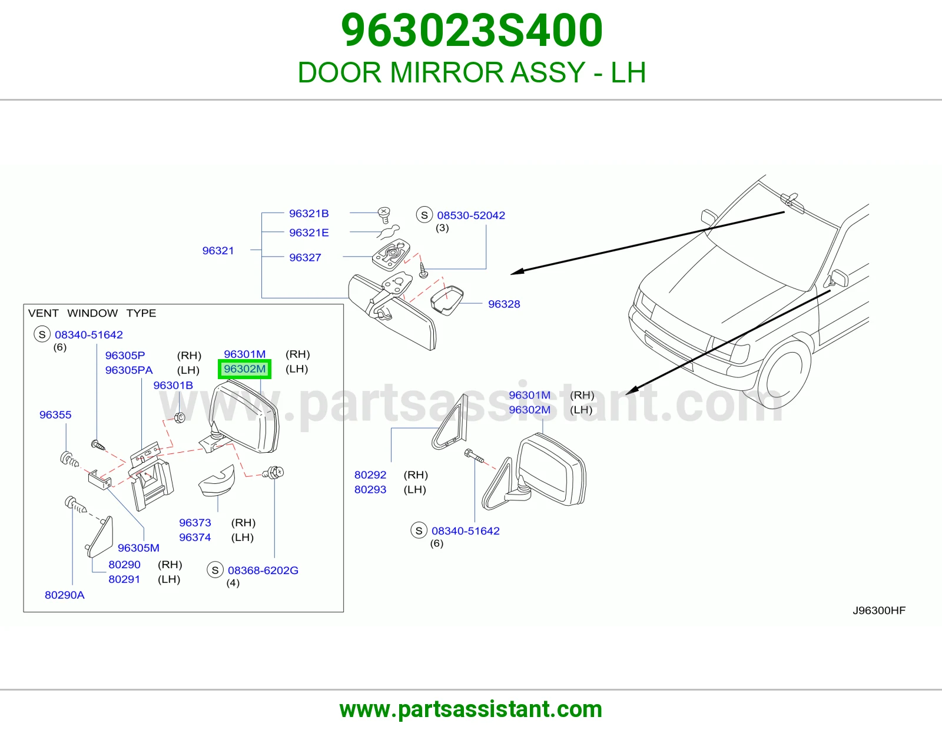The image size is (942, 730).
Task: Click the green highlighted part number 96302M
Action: tap(244, 369)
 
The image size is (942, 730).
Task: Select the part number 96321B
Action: tap(309, 213)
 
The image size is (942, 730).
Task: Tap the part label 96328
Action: tap(504, 304)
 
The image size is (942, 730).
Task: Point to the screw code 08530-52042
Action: tap(471, 215)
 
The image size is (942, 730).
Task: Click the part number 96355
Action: tap(55, 414)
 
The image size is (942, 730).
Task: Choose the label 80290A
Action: tap(65, 595)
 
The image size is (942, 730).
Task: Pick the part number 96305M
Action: tap(138, 547)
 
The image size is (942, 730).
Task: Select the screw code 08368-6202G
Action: tap(263, 570)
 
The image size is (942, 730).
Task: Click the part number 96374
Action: tap(195, 537)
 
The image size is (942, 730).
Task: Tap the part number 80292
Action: tap(370, 474)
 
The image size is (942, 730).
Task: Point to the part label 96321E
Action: tap(309, 233)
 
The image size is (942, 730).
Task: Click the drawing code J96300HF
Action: tap(879, 610)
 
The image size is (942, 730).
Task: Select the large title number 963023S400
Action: tap(472, 30)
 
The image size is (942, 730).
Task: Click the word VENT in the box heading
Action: tap(44, 313)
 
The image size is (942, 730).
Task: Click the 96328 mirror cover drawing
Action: tap(447, 300)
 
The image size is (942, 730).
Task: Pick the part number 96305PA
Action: tap(129, 370)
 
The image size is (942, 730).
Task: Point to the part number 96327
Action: tap(305, 257)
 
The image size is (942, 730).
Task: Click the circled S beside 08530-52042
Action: tap(424, 215)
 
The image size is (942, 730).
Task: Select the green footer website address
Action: tap(471, 709)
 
